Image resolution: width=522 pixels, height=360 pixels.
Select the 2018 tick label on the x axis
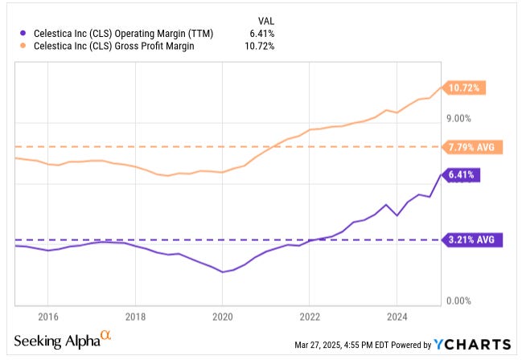(135, 314)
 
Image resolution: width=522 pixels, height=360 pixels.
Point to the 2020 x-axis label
(223, 314)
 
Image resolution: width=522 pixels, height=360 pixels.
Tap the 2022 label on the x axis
(310, 314)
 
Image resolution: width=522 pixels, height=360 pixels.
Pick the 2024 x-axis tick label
(397, 314)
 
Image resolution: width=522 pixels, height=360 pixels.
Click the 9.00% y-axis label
(457, 119)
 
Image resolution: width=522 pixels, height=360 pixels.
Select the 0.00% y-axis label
(457, 301)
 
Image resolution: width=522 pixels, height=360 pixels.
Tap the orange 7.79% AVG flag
(472, 147)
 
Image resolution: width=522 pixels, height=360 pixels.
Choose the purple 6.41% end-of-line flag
(461, 174)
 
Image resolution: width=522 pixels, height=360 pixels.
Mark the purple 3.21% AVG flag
(472, 239)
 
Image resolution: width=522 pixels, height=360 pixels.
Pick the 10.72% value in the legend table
(260, 46)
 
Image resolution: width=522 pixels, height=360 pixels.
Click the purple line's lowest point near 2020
(223, 272)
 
